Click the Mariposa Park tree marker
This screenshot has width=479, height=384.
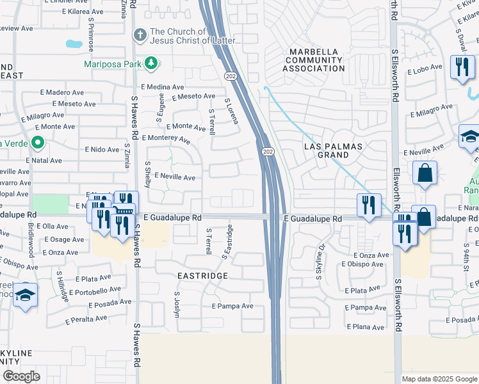[151, 63]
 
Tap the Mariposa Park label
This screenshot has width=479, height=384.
[113, 64]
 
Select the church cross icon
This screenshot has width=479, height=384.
[139, 34]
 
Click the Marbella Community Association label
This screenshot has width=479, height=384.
[317, 60]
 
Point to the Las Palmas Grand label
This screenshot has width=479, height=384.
[333, 151]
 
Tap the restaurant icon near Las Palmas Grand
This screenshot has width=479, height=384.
[368, 206]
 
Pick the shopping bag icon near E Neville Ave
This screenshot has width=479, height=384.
[425, 173]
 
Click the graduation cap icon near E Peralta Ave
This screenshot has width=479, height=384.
[25, 295]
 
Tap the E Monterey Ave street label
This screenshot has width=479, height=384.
[166, 138]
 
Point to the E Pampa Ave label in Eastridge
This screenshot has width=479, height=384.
[233, 307]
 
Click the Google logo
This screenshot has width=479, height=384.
[21, 376]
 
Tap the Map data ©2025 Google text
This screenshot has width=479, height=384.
[439, 379]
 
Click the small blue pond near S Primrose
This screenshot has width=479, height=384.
[74, 45]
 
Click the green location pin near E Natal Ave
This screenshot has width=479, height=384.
[38, 143]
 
